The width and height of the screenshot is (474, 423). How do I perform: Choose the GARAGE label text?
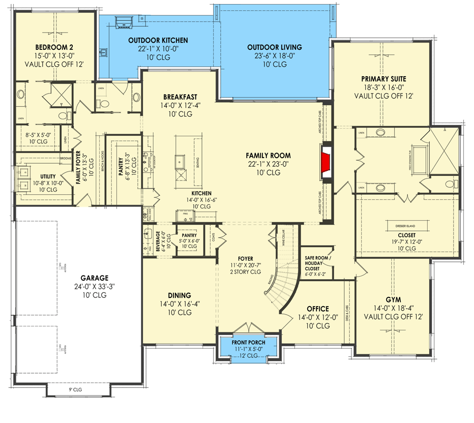click(x=94, y=278)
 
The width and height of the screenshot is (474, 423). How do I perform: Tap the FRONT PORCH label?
click(x=249, y=342)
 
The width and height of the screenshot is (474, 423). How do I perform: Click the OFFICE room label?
click(x=317, y=309)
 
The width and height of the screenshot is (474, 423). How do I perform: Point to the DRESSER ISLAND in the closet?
click(x=405, y=226)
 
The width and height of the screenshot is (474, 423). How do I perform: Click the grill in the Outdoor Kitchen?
click(x=124, y=23)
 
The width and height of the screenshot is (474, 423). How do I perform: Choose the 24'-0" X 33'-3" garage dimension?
click(x=94, y=287)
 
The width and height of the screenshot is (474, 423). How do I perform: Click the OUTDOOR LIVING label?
click(x=275, y=47)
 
